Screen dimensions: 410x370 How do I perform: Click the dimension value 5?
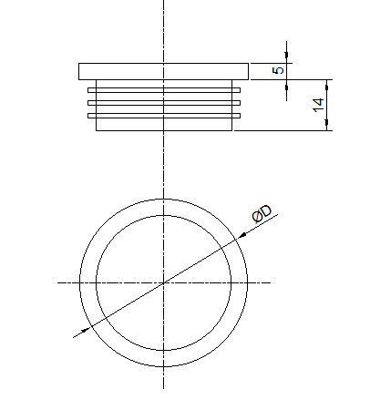280,69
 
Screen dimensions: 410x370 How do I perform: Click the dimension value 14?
318,105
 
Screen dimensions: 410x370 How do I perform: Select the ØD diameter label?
262,212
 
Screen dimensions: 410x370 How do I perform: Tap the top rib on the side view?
164,89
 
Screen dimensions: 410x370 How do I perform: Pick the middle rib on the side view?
164,102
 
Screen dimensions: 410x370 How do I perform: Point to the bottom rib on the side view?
164,115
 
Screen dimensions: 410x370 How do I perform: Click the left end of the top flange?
80,71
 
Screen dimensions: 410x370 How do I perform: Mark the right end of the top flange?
247,71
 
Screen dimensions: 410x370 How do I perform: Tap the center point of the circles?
164,282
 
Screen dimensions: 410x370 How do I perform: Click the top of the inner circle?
164,215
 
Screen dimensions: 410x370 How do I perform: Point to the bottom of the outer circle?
164,366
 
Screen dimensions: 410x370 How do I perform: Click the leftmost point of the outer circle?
80,282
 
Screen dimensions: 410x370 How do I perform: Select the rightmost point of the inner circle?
231,282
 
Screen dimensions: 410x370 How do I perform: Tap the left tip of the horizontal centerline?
59,282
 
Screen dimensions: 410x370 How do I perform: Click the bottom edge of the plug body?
164,130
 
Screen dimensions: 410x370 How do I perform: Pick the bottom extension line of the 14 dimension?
283,130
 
